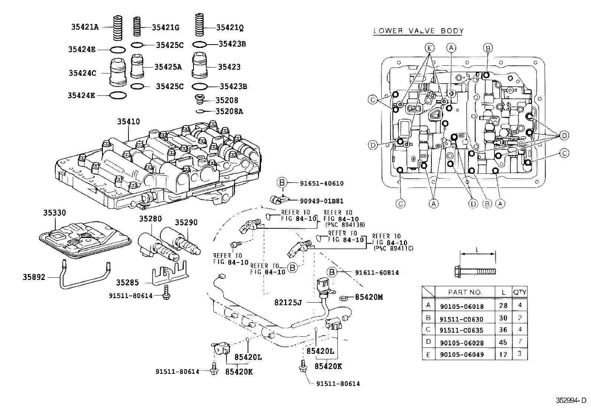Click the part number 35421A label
[85, 27]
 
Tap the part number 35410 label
[128, 121]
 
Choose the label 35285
[127, 283]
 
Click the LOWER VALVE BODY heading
[418, 31]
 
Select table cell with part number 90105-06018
[462, 306]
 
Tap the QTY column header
[520, 292]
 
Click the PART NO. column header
[465, 292]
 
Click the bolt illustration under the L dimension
[475, 271]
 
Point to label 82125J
[289, 303]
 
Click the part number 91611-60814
[377, 272]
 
